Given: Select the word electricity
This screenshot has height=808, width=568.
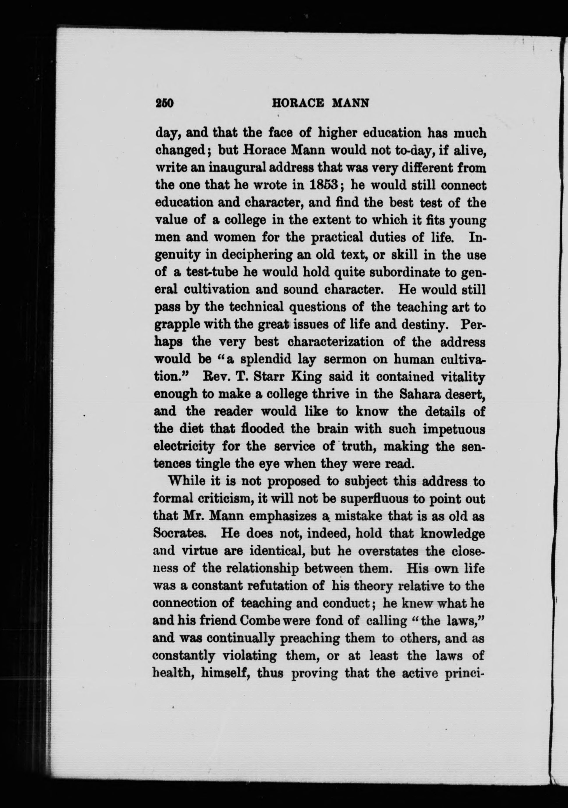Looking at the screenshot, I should coord(184,447).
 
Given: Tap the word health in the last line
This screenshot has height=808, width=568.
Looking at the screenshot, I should coord(169,673).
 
